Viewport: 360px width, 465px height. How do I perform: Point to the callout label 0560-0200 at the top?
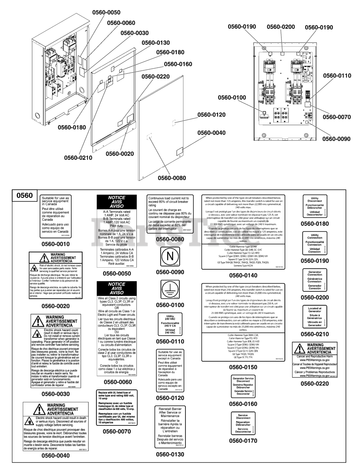coord(281,27)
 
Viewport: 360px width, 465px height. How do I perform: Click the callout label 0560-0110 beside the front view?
coord(337,76)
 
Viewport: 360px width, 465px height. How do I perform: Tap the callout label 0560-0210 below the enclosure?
coord(78,158)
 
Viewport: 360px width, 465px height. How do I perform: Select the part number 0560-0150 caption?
coord(243,367)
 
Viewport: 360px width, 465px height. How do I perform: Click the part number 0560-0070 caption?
coord(117,431)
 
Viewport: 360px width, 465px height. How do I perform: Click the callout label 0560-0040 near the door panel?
coord(212,133)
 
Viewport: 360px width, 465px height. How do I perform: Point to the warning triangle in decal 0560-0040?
coord(38,409)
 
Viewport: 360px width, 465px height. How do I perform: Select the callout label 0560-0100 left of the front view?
coord(232,97)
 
